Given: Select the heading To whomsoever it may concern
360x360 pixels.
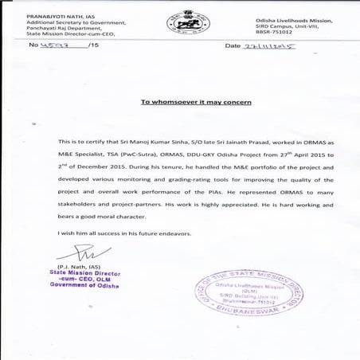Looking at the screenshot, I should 185,103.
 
